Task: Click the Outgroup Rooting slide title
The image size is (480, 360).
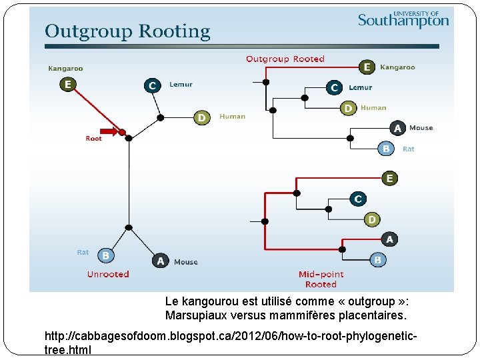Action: click(x=127, y=31)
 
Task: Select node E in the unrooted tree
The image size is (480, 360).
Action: click(x=67, y=84)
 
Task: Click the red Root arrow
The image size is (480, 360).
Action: click(x=109, y=131)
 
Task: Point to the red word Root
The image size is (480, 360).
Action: click(x=94, y=139)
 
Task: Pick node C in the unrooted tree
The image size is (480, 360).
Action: click(x=153, y=85)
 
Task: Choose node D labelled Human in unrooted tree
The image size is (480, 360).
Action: click(x=202, y=117)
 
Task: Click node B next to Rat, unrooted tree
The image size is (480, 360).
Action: click(x=105, y=255)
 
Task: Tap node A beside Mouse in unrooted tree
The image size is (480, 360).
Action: click(x=160, y=261)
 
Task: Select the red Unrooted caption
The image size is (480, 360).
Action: click(x=108, y=274)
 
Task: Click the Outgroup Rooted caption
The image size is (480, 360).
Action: click(x=285, y=59)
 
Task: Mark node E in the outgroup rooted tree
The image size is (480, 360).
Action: click(x=367, y=67)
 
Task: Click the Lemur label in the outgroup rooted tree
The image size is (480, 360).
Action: click(x=360, y=87)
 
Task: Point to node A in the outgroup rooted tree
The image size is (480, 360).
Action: click(x=397, y=128)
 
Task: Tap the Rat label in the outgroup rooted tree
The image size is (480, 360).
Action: click(x=409, y=149)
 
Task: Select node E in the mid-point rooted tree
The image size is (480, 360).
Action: click(x=389, y=178)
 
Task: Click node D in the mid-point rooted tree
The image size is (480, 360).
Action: click(x=372, y=219)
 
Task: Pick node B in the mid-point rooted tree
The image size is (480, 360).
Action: click(x=378, y=259)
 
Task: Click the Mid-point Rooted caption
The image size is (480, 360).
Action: click(x=321, y=279)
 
